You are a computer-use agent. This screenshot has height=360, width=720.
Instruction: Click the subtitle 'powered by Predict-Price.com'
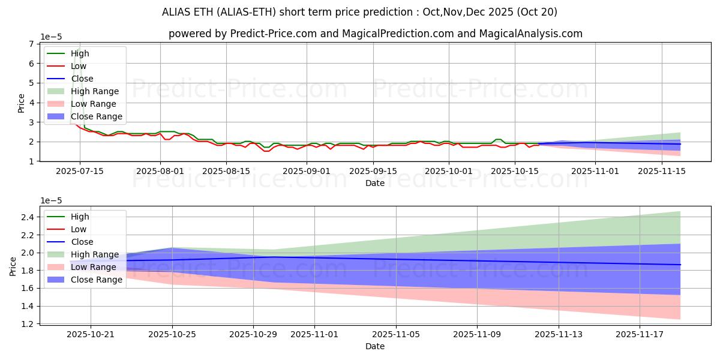point(242,34)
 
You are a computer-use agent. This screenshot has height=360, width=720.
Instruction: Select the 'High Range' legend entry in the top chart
point(95,91)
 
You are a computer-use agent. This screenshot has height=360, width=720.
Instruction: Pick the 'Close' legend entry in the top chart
point(82,79)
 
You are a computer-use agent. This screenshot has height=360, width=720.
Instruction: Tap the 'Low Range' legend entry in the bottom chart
point(94,267)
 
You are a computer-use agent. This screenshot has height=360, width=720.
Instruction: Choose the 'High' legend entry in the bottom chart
point(80,217)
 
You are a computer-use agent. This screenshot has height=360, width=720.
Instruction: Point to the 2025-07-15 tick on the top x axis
point(80,171)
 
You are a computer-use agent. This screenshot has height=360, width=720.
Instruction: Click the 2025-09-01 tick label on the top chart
point(307,171)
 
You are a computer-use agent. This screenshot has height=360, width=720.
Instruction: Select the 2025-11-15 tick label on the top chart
point(662,171)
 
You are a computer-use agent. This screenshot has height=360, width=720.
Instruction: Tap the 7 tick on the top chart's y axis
point(30,44)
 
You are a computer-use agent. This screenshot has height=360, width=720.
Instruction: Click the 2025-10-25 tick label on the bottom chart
point(172,334)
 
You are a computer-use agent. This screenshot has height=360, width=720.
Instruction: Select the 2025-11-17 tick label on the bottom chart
point(640,334)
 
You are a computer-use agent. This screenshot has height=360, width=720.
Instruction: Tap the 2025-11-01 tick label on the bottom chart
point(314,334)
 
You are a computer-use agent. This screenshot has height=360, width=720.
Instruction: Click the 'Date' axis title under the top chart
point(375,183)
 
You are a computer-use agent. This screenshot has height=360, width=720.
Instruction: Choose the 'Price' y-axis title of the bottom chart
point(13,266)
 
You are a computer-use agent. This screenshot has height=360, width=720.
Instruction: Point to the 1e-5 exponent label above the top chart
point(52,37)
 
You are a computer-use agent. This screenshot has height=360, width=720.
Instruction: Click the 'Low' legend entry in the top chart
point(79,66)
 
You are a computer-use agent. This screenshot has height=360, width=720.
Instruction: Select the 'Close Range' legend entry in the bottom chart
point(97,280)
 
